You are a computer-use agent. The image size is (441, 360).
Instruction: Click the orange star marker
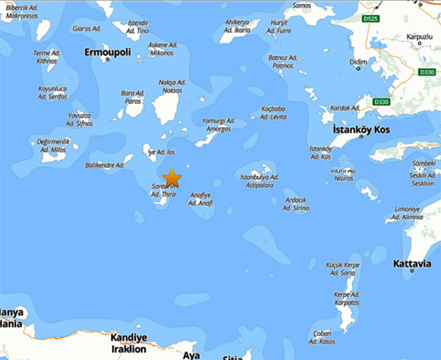click(x=171, y=178)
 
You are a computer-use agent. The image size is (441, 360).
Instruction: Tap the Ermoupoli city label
click(x=107, y=54)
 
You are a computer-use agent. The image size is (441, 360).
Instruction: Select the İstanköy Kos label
click(x=361, y=130)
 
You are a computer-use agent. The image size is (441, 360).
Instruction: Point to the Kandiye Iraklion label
click(x=129, y=342)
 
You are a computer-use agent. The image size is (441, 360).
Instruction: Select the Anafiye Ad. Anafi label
click(x=201, y=198)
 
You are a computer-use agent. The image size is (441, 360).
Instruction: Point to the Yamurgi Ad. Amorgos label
click(x=218, y=125)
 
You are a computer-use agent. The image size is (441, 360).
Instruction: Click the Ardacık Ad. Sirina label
click(x=295, y=204)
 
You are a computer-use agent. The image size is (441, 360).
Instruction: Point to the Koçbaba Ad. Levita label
click(x=275, y=113)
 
